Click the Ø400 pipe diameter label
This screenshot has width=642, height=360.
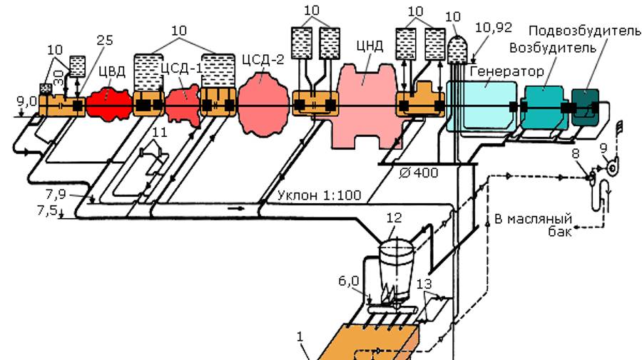[x=419, y=173]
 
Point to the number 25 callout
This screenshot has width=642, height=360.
[x=104, y=39]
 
